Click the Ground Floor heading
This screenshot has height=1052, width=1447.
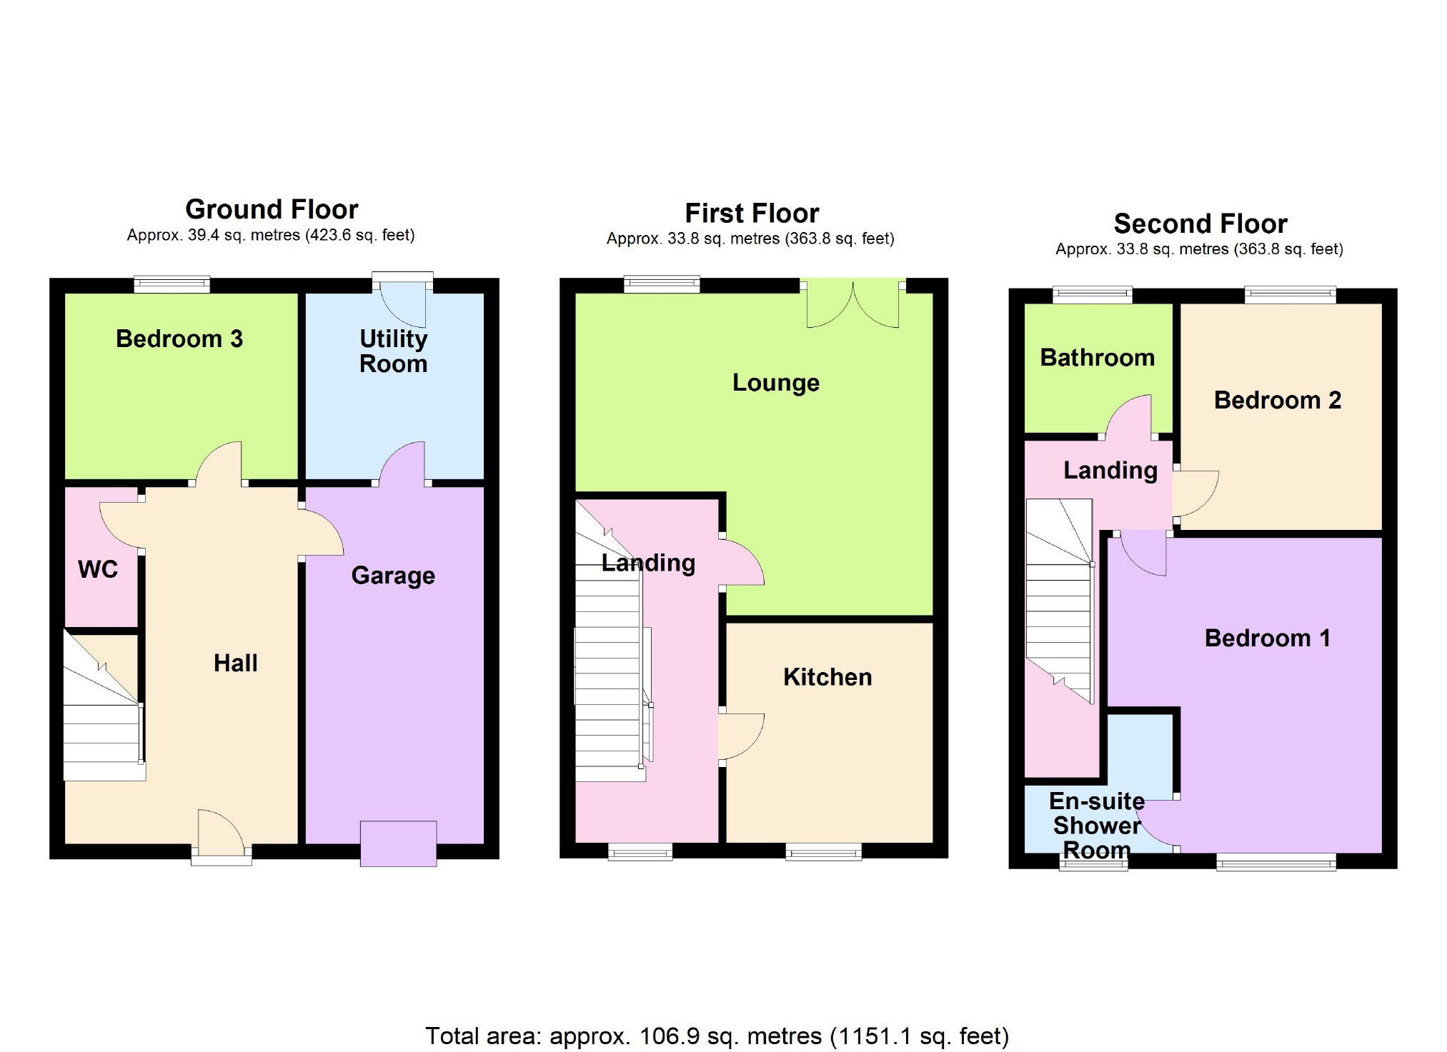point(272,209)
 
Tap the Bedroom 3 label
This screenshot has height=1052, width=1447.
point(179,339)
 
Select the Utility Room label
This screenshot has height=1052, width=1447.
point(394,351)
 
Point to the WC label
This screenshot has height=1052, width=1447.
point(98,569)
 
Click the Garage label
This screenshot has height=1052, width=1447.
point(393,576)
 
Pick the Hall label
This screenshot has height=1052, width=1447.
point(235,663)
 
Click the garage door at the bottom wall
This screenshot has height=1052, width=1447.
point(398,844)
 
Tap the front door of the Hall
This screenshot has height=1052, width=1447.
point(221,836)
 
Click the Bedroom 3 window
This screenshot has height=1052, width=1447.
point(172,285)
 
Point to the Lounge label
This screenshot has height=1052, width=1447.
point(776,383)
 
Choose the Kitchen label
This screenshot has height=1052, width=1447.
point(827,677)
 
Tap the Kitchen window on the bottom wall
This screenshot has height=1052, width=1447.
point(824,851)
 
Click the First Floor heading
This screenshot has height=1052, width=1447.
point(752,214)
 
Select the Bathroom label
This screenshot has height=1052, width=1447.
point(1097,357)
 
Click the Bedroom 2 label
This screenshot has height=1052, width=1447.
point(1278,400)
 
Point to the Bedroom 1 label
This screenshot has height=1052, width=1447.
point(1268,638)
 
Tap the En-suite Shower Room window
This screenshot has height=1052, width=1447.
point(1093,864)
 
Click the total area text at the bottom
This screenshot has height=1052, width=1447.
point(717,1036)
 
